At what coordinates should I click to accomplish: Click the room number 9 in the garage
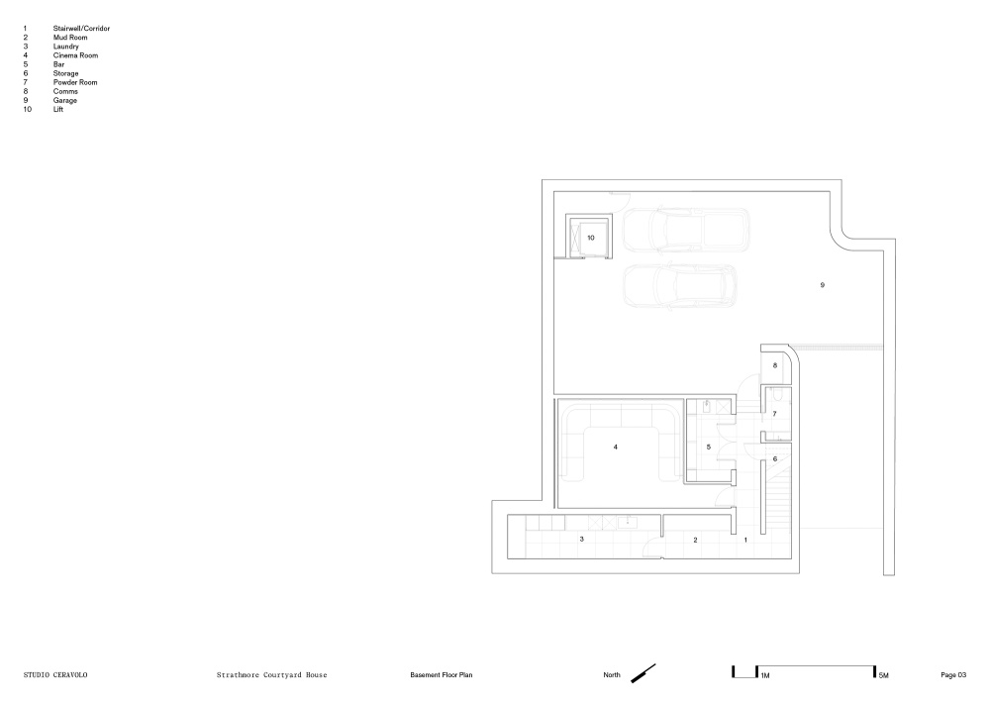tap(822, 285)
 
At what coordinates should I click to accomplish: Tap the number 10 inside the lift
tap(591, 238)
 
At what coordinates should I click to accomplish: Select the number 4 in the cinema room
tap(616, 448)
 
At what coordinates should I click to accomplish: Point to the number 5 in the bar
tap(709, 448)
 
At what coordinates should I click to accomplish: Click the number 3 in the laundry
tap(581, 540)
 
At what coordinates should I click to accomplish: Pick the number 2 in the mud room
tap(695, 540)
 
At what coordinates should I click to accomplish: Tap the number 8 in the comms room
tap(775, 365)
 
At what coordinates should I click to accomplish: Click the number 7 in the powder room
tap(775, 414)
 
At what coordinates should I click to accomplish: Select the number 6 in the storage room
tap(775, 459)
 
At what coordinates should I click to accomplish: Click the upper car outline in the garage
tap(686, 230)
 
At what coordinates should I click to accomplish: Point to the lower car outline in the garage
tap(679, 286)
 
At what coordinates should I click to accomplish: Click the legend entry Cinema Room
tap(76, 55)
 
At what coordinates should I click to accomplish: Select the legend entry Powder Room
tap(75, 83)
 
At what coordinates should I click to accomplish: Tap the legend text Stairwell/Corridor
tap(81, 29)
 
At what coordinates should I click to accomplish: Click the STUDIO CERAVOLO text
tap(55, 675)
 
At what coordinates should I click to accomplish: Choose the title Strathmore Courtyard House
tap(272, 675)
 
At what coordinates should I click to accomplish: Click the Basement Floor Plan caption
tap(442, 675)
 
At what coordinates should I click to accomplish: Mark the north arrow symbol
tap(643, 673)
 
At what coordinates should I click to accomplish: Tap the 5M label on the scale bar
tap(883, 675)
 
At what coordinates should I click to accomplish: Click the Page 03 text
tap(953, 675)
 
